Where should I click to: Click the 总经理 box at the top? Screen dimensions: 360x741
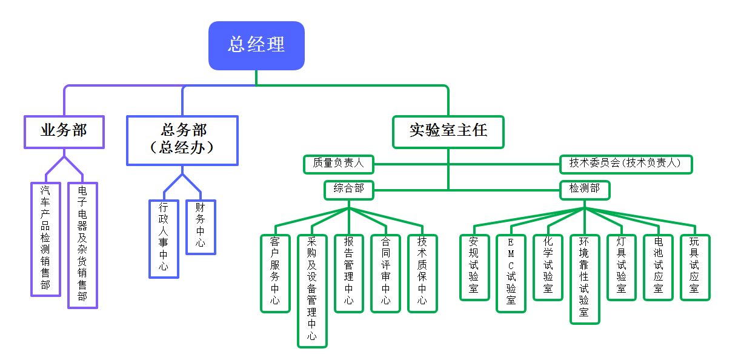[256, 45]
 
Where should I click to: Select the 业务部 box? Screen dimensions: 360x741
[64, 132]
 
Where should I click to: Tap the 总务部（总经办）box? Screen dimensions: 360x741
[182, 140]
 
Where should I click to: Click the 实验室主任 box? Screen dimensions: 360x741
[448, 132]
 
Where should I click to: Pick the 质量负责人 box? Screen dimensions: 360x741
[338, 164]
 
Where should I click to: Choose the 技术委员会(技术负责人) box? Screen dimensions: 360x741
[625, 164]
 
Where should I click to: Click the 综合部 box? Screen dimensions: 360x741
[348, 190]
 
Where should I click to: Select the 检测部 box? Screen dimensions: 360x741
[584, 190]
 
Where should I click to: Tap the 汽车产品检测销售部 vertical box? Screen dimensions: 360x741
[45, 239]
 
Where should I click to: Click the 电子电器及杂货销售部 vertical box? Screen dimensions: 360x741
[82, 245]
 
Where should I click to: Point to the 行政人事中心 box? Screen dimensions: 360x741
[164, 238]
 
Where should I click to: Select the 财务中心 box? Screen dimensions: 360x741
[201, 227]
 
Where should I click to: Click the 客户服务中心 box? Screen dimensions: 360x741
[275, 273]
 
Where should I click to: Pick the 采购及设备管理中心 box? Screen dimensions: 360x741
[312, 291]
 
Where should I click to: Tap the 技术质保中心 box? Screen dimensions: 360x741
[422, 273]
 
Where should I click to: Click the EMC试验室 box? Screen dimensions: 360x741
[511, 273]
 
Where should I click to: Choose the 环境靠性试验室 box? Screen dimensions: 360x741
[585, 279]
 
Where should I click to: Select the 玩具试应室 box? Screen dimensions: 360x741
[695, 267]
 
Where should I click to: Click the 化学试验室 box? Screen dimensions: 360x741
[548, 267]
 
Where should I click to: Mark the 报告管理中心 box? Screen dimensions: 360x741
[349, 273]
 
